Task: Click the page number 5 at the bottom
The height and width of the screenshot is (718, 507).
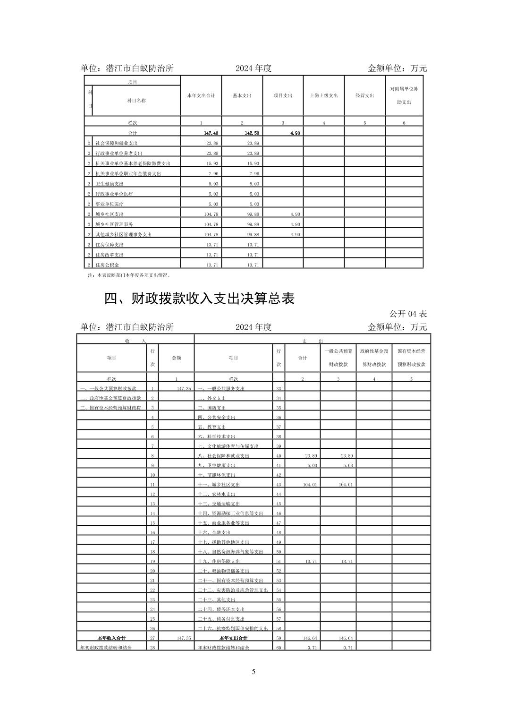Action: point(253,672)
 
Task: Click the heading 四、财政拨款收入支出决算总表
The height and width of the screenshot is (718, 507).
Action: point(199,299)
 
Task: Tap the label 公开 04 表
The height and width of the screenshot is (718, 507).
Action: point(408,314)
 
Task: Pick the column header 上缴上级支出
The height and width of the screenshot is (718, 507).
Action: point(324,95)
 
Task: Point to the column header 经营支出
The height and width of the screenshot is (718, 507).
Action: point(364,95)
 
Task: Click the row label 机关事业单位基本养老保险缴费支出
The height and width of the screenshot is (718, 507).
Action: point(133,163)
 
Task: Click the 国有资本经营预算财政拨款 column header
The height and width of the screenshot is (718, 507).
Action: point(411,358)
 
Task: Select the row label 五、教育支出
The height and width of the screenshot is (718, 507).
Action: point(211,427)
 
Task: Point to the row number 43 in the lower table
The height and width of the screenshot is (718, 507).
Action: point(279,485)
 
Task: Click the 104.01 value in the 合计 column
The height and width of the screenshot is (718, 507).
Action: point(309,485)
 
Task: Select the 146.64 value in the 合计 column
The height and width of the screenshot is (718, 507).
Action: point(309,638)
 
